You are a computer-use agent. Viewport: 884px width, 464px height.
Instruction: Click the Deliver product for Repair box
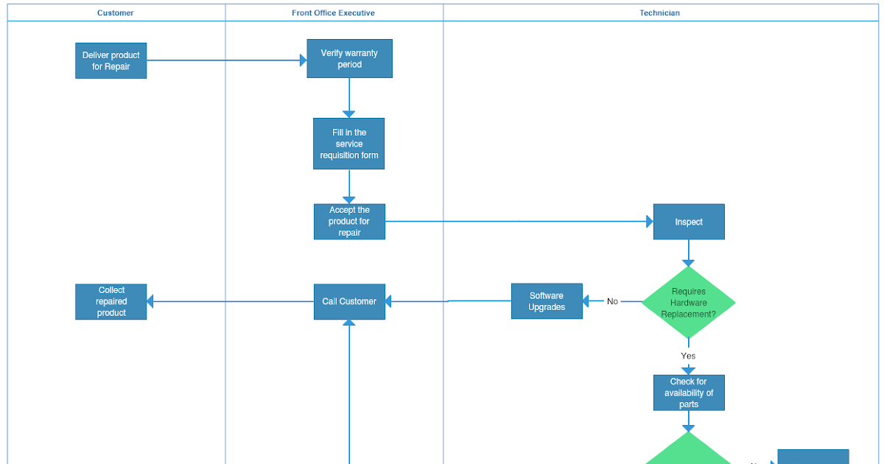[x=110, y=60]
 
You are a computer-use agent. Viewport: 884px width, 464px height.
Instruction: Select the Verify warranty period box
[x=349, y=59]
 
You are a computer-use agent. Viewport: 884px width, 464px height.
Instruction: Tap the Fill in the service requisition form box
[x=348, y=144]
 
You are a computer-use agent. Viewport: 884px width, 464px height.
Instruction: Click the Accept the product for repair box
[x=349, y=222]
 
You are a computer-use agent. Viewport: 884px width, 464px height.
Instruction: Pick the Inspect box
[x=689, y=222]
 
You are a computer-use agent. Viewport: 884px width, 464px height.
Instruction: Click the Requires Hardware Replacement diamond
[x=689, y=303]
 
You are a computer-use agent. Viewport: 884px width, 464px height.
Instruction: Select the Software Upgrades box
[x=547, y=301]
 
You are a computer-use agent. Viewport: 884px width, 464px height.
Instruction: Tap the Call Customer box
[x=349, y=301]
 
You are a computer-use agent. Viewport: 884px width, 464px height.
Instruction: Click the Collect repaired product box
[x=110, y=301]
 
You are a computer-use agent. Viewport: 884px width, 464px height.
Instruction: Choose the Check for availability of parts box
[x=689, y=393]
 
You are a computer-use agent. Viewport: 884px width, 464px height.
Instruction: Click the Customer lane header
[x=116, y=13]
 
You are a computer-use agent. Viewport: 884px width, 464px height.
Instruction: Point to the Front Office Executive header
[x=333, y=13]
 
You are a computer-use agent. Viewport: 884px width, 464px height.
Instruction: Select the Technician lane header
[x=659, y=13]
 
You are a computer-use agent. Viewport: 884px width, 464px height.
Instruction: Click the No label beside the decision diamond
[x=612, y=301]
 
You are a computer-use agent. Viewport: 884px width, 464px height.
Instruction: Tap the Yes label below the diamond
[x=688, y=356]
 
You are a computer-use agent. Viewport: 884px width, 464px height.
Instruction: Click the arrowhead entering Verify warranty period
[x=303, y=60]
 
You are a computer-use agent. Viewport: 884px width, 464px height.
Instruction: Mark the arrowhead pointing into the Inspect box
[x=649, y=222]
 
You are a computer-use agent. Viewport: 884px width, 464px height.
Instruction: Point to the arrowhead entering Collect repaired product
[x=150, y=301]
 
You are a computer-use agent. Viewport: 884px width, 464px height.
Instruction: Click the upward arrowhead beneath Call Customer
[x=349, y=323]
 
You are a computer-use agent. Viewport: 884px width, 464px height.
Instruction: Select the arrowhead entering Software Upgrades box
[x=586, y=301]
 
